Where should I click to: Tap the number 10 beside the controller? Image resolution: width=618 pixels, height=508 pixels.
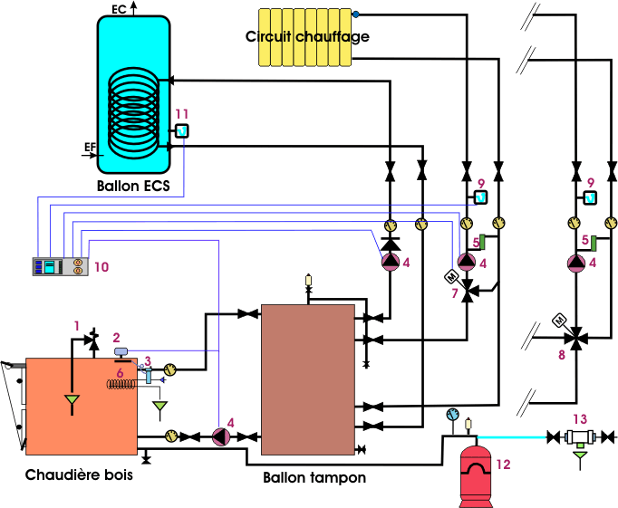click(x=101, y=267)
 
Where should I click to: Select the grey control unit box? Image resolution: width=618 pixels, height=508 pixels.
click(x=61, y=266)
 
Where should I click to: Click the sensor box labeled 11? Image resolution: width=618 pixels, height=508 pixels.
click(x=182, y=130)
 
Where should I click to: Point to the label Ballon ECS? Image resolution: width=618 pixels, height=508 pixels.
click(x=133, y=186)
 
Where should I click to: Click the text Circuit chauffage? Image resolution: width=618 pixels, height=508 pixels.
click(x=307, y=36)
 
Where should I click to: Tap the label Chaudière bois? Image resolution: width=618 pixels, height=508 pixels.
click(x=79, y=474)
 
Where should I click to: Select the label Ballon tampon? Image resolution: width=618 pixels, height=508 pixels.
click(x=314, y=478)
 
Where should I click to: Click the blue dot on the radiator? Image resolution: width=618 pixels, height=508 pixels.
click(x=356, y=14)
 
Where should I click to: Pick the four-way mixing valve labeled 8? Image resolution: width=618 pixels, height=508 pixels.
click(x=576, y=338)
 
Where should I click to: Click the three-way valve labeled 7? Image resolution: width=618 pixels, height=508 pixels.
click(x=468, y=291)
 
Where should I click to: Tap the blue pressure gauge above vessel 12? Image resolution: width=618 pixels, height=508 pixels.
click(x=452, y=414)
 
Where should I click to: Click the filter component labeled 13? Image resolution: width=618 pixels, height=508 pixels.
click(x=580, y=437)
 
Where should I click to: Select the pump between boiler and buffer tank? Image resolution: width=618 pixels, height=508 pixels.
click(x=221, y=436)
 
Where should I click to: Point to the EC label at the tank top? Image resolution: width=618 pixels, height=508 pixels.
click(x=119, y=9)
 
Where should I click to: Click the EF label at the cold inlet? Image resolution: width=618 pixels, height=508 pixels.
click(x=91, y=147)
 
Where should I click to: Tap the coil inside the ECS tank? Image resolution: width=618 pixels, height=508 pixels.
click(x=134, y=113)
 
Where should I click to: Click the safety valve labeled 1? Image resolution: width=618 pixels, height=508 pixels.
click(x=93, y=340)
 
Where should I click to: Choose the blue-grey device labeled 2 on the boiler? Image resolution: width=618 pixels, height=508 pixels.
click(x=121, y=350)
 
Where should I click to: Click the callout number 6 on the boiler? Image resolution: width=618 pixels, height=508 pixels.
click(x=121, y=372)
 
